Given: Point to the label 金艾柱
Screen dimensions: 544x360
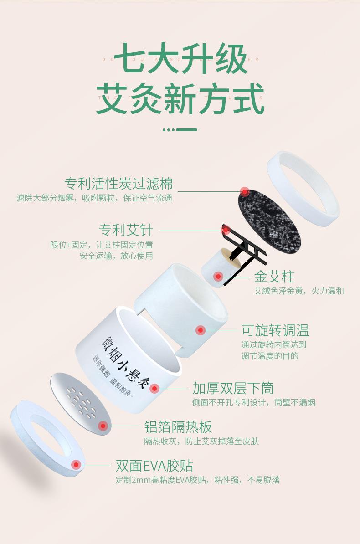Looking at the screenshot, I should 274,277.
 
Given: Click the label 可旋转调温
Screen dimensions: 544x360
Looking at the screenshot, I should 275,330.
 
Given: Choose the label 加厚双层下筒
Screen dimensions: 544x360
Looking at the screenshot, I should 233,388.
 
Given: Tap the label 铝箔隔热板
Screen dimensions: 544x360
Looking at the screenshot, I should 178,427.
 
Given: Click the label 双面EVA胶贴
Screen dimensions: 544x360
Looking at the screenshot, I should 154,466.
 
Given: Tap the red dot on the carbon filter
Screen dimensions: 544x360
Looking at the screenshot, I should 245,191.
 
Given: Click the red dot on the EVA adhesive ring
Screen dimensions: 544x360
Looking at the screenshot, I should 76,465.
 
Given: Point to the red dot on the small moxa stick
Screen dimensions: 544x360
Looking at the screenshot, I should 218,276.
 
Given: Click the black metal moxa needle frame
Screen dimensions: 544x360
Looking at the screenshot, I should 242,248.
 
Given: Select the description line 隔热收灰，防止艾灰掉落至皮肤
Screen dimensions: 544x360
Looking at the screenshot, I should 201,441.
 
